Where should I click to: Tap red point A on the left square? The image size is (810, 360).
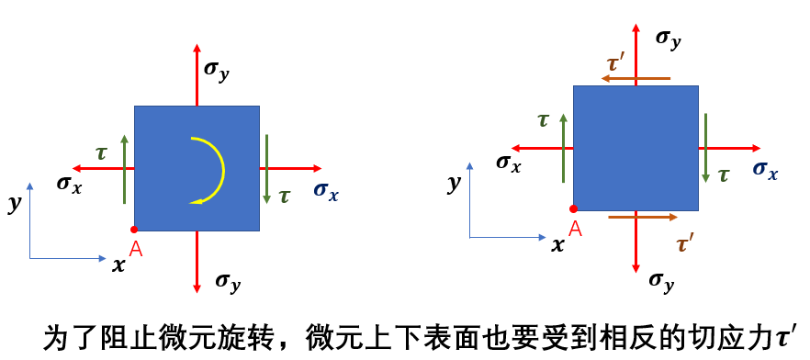[134, 230]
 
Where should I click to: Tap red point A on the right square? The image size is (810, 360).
[573, 208]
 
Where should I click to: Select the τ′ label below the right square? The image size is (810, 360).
[685, 243]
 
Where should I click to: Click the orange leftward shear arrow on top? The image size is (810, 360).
[636, 78]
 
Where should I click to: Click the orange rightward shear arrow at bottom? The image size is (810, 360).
[643, 217]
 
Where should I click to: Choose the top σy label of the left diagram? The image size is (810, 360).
[217, 71]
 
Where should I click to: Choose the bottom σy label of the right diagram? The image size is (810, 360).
[662, 281]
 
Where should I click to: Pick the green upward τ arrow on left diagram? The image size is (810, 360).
[124, 169]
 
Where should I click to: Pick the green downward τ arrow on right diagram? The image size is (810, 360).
[705, 147]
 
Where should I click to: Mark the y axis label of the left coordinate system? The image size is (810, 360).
[15, 204]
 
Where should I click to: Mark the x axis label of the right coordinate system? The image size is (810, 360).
[557, 245]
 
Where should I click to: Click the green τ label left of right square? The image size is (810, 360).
[543, 120]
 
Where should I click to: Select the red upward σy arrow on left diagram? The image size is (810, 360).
[197, 75]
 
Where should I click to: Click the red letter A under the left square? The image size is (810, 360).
[136, 249]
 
